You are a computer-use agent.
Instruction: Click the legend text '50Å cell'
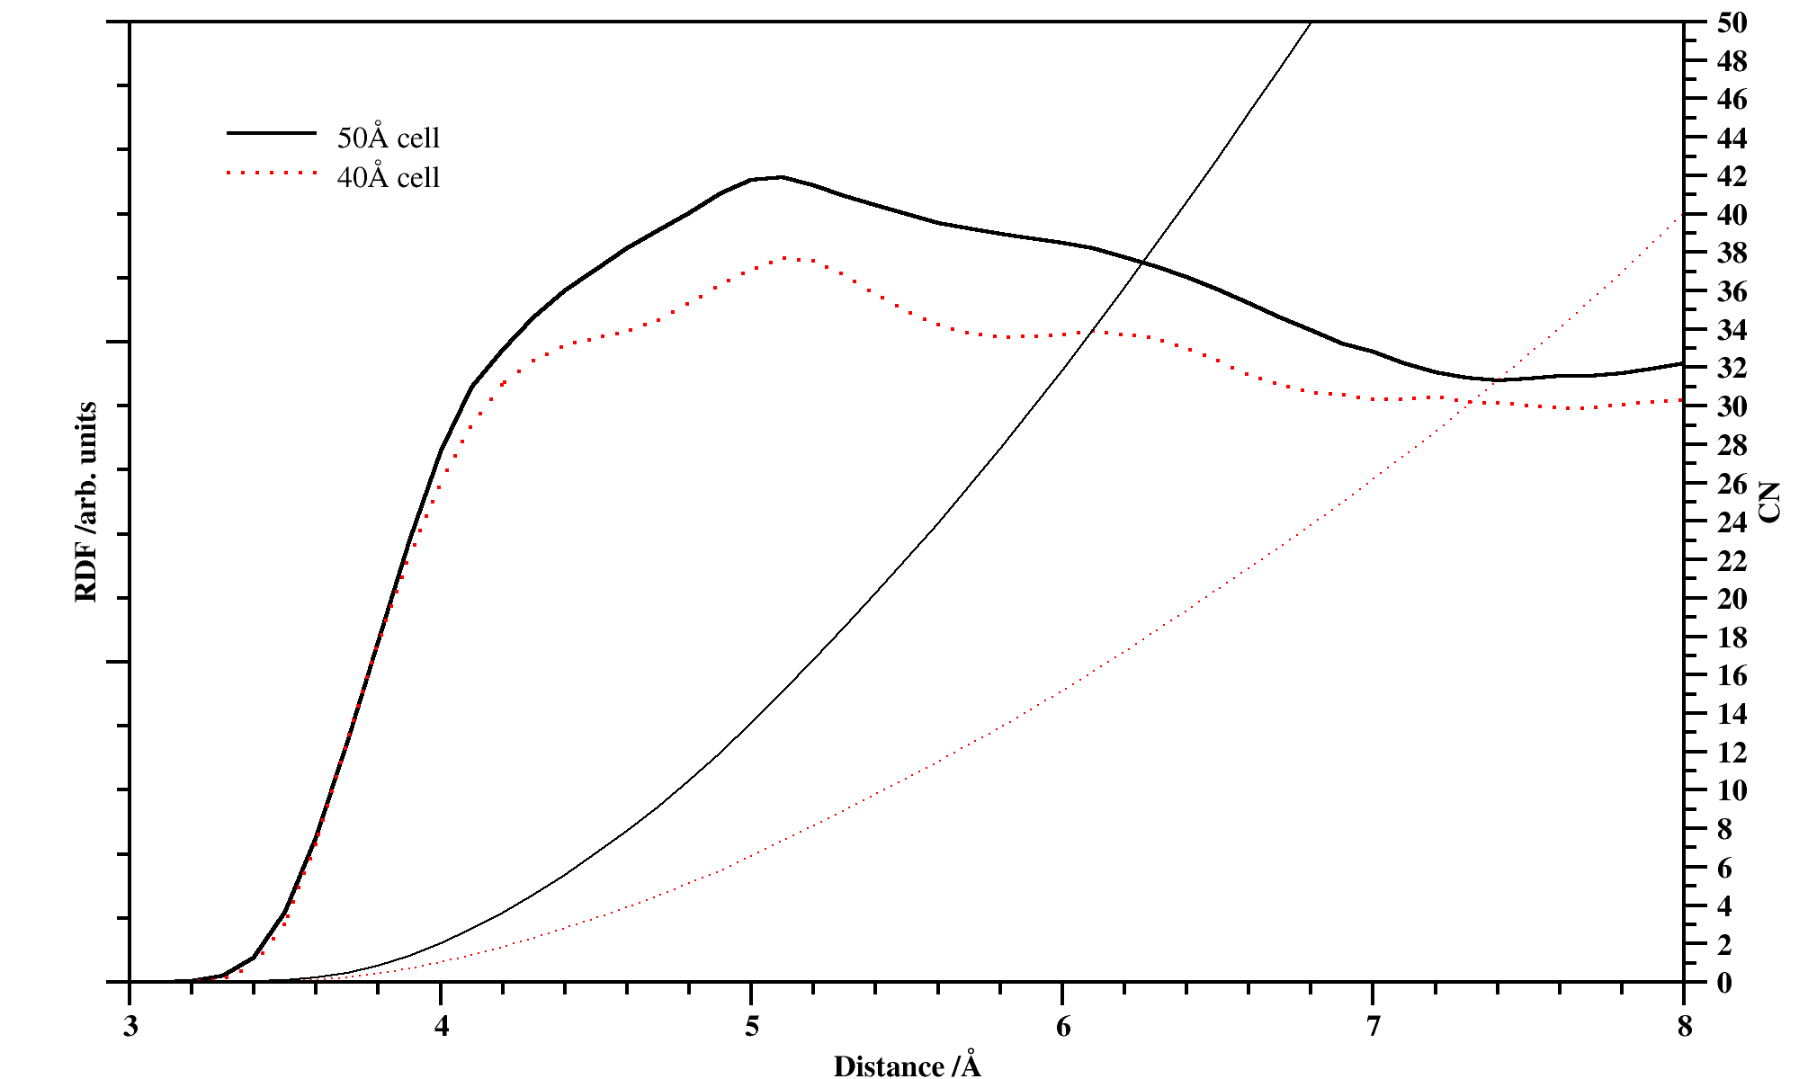[388, 138]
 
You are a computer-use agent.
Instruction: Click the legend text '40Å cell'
[388, 177]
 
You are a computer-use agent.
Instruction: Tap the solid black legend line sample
[272, 133]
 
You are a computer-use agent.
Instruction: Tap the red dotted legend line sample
[272, 172]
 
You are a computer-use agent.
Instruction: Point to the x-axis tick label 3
[130, 1027]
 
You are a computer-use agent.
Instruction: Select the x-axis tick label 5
[752, 1027]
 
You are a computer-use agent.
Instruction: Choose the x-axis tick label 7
[1374, 1027]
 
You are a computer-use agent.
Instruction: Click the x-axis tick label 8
[1684, 1027]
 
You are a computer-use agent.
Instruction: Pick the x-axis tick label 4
[441, 1027]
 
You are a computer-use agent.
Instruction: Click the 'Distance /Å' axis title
[907, 1066]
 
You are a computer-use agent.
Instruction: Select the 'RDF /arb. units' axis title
[86, 502]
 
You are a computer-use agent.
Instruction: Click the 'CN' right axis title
[1769, 502]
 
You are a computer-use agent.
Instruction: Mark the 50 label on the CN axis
[1732, 23]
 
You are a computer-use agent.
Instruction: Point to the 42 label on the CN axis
[1732, 177]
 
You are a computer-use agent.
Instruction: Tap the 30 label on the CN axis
[1732, 407]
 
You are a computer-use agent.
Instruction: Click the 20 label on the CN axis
[1732, 599]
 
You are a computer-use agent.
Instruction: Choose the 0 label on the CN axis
[1723, 983]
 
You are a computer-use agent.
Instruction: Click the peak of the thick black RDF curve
[781, 177]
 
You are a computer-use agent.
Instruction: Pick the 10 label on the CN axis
[1732, 791]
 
